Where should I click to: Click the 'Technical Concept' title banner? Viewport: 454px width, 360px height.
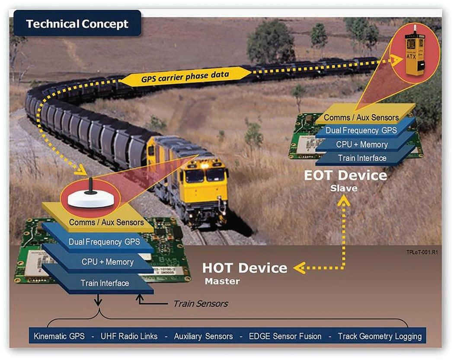(x=77, y=24)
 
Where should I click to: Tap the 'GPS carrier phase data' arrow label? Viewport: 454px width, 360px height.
(x=185, y=77)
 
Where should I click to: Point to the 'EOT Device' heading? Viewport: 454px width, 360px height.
(x=345, y=175)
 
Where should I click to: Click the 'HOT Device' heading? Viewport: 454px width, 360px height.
(x=244, y=268)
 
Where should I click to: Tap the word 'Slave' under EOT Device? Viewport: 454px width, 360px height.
(x=344, y=188)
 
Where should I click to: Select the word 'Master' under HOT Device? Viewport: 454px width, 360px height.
(x=222, y=281)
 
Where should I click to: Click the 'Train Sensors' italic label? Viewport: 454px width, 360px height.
(x=200, y=303)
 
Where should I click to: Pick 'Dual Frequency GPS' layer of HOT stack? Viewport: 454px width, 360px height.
(x=104, y=242)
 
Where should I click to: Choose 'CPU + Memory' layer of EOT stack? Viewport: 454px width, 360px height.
(x=361, y=144)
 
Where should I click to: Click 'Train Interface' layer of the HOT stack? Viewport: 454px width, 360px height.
(x=105, y=284)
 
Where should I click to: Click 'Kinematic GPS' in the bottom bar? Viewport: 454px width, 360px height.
(x=59, y=336)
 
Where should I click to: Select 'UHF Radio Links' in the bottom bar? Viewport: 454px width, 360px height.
(x=129, y=336)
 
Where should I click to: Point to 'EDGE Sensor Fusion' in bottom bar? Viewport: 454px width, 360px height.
(x=285, y=336)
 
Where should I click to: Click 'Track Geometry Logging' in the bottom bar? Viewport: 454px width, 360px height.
(x=380, y=336)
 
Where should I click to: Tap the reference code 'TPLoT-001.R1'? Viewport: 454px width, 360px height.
(x=421, y=252)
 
